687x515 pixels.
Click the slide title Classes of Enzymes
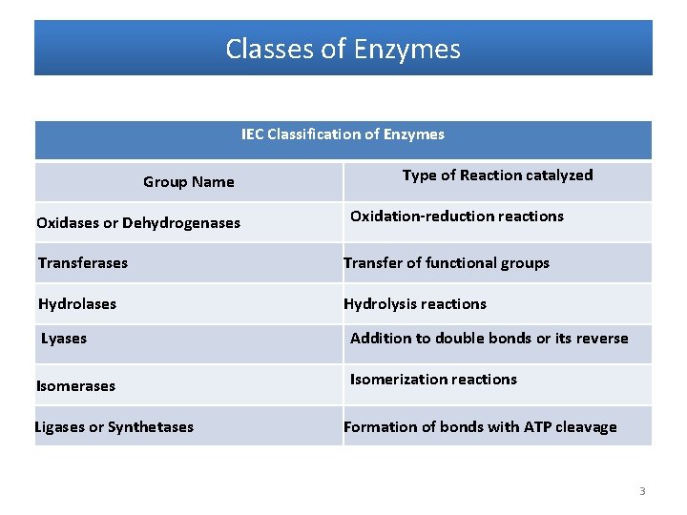(x=343, y=49)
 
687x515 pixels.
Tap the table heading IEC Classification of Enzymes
(x=343, y=134)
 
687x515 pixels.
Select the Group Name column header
(x=189, y=182)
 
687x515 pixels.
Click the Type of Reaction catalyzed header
(x=498, y=175)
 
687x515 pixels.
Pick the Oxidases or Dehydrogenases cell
(x=138, y=223)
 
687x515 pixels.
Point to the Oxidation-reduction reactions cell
(x=457, y=216)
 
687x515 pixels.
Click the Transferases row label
(x=83, y=263)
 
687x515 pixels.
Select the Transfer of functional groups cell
(x=447, y=263)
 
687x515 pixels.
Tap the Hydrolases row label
(x=77, y=304)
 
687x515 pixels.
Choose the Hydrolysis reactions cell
(x=415, y=304)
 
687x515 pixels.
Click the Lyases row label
(x=64, y=339)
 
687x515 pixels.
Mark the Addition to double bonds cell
(x=489, y=338)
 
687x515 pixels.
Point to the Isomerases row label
(x=75, y=386)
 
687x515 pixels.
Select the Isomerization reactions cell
(x=433, y=380)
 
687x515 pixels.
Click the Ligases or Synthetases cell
(x=114, y=427)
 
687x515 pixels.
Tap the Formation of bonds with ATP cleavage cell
(x=480, y=427)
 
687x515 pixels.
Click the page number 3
(x=642, y=491)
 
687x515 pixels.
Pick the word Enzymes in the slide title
(x=407, y=49)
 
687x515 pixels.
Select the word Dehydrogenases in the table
(x=181, y=223)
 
